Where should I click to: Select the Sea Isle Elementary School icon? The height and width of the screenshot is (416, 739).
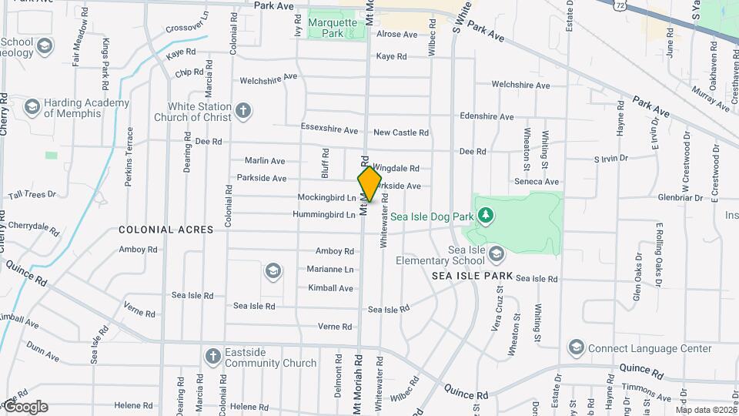tap(497, 252)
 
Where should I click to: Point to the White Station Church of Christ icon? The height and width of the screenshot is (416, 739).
tap(243, 111)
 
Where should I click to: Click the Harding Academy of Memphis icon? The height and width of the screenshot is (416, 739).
tap(32, 107)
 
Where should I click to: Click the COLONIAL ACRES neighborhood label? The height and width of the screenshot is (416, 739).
tap(155, 230)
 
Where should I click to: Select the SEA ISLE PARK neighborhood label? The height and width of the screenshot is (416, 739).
tap(472, 275)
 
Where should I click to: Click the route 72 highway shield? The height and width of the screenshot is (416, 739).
tap(620, 5)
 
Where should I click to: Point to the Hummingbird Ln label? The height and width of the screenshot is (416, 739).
tap(326, 214)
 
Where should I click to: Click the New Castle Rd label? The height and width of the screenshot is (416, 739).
tap(401, 133)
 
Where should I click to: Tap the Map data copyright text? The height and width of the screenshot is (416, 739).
tap(704, 410)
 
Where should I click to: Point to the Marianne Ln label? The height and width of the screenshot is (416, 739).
tap(330, 270)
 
